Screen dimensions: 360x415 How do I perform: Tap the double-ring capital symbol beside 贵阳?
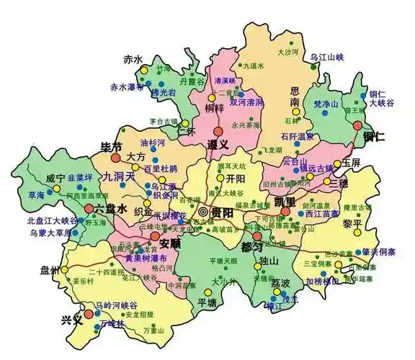(204, 212)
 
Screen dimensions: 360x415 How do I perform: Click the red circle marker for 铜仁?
(357, 125)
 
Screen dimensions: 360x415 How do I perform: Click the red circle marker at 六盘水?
(89, 208)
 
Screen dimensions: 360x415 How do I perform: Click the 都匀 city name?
(253, 246)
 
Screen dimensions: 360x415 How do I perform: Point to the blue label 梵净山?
(327, 105)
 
